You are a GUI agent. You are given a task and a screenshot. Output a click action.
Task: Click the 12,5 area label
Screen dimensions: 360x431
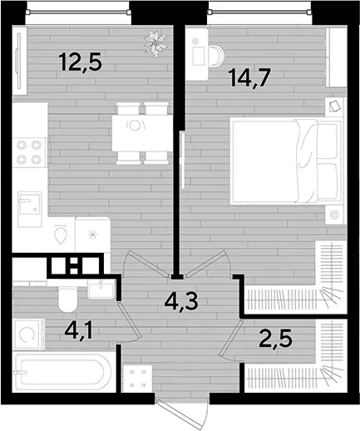(x=81, y=62)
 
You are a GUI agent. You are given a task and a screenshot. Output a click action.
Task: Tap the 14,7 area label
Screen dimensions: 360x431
(x=249, y=78)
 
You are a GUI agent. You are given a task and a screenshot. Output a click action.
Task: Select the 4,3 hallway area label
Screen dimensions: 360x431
(x=181, y=303)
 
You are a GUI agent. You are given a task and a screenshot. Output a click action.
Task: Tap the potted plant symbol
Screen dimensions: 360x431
(x=155, y=43)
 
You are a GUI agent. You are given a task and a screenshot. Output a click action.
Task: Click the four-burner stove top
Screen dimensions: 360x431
(x=29, y=152)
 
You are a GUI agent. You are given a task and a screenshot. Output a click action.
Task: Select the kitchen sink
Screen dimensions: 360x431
(x=30, y=209)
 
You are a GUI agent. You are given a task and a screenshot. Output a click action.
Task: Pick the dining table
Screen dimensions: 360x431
(x=142, y=133)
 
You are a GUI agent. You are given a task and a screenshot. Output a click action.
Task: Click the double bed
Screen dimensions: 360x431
(x=287, y=161)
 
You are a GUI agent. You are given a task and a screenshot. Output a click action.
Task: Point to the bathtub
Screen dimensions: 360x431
(x=63, y=372)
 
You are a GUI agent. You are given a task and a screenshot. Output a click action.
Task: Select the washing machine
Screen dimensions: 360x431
(x=29, y=334)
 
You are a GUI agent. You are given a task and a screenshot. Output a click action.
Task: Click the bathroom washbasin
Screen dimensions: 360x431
(x=101, y=289)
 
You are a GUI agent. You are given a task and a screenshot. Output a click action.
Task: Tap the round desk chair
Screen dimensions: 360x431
(x=216, y=57)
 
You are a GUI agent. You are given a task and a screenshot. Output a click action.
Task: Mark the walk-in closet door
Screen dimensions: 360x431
(x=230, y=340)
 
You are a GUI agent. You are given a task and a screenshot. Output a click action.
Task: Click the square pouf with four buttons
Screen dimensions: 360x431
(x=138, y=379)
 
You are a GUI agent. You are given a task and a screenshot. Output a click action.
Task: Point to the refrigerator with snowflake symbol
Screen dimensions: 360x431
(x=93, y=235)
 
